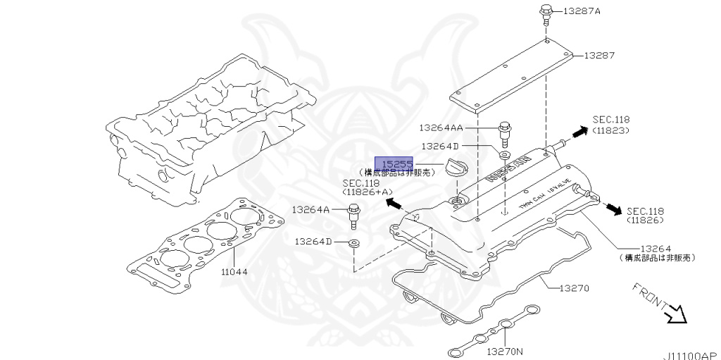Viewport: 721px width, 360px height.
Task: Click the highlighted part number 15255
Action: (394, 163)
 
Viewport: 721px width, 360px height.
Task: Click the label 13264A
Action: (311, 209)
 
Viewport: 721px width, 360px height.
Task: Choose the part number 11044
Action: (234, 271)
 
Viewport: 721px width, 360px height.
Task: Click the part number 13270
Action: (575, 288)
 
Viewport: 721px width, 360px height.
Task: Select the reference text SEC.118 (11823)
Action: (610, 125)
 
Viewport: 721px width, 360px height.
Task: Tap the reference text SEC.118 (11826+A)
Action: (361, 187)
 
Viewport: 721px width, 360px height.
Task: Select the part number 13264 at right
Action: (656, 249)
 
